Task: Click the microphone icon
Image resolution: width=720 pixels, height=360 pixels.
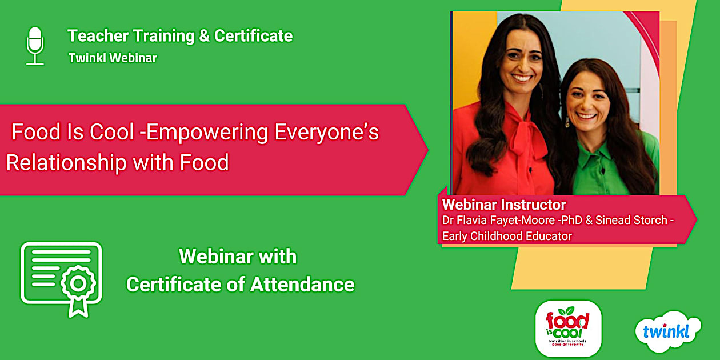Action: coord(35,46)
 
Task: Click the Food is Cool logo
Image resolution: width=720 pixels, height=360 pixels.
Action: coord(567,329)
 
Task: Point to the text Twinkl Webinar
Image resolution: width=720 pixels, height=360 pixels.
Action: coord(113,58)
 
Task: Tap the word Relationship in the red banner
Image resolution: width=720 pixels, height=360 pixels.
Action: coord(66,163)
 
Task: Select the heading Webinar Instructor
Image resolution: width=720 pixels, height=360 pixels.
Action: coord(504,205)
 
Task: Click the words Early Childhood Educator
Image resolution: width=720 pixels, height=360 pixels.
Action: coord(507,235)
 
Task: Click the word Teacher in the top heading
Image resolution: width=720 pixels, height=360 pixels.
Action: coord(97,36)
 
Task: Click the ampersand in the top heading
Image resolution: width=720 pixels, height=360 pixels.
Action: coord(204,36)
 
